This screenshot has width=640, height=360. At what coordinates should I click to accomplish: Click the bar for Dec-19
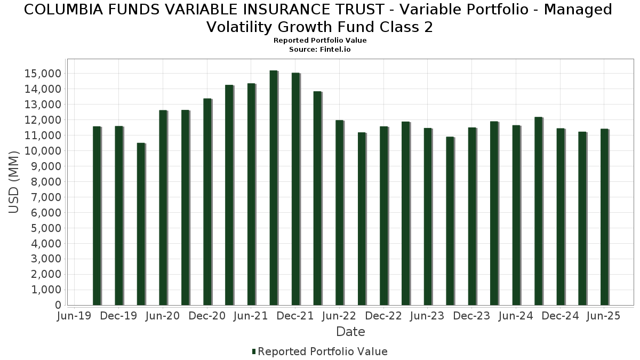(x=118, y=215)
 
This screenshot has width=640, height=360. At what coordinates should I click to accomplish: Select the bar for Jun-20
(x=163, y=207)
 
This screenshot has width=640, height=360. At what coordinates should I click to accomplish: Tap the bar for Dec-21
(x=295, y=189)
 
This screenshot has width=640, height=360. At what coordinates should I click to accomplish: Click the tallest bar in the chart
(x=273, y=188)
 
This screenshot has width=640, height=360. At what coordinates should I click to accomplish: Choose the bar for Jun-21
(x=251, y=194)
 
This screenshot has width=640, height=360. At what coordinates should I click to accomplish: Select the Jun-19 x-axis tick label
(x=74, y=316)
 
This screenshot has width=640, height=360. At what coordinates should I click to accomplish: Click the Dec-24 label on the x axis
(x=560, y=316)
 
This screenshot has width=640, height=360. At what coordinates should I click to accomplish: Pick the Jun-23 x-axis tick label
(x=427, y=316)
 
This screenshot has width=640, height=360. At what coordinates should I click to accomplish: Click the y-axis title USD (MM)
(x=14, y=182)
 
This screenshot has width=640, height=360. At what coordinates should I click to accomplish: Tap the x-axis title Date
(x=350, y=332)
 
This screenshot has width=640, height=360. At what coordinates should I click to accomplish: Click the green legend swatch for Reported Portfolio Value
(x=254, y=351)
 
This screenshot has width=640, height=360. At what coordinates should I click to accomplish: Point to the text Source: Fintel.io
(x=319, y=49)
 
